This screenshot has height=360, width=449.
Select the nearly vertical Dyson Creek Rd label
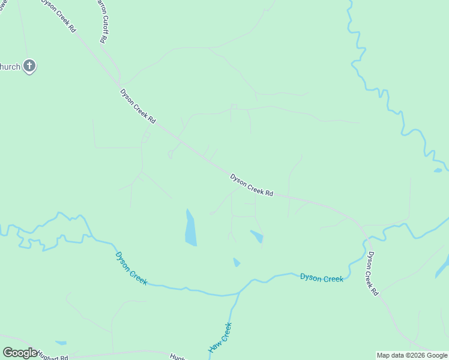[373, 273]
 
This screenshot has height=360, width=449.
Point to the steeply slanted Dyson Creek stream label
[130, 268]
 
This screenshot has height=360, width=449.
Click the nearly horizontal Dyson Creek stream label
[321, 278]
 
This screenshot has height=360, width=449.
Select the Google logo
[20, 353]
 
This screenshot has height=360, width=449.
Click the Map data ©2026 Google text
[412, 355]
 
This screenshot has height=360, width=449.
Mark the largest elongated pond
[190, 229]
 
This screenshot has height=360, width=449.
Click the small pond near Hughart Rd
[61, 343]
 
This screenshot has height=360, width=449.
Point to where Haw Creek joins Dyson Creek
[238, 293]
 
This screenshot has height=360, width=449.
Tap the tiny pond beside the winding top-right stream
[438, 170]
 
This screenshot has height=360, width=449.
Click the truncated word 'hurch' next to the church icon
[10, 67]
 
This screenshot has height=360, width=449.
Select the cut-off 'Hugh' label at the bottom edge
[177, 356]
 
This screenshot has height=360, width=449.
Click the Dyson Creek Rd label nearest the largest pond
[252, 185]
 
